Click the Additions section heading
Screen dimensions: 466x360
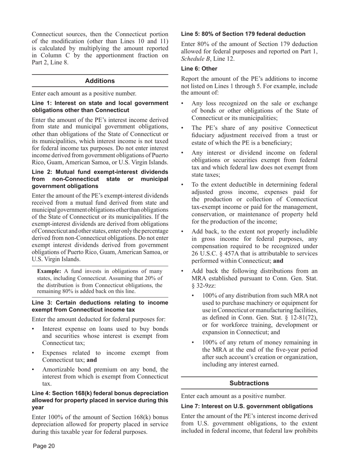(100, 81)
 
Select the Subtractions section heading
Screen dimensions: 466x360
(249, 383)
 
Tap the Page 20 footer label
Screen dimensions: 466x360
(44, 446)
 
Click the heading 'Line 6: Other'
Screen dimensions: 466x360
(199, 69)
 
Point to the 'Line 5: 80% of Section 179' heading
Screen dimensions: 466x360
(243, 34)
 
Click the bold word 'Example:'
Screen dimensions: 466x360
(49, 271)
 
